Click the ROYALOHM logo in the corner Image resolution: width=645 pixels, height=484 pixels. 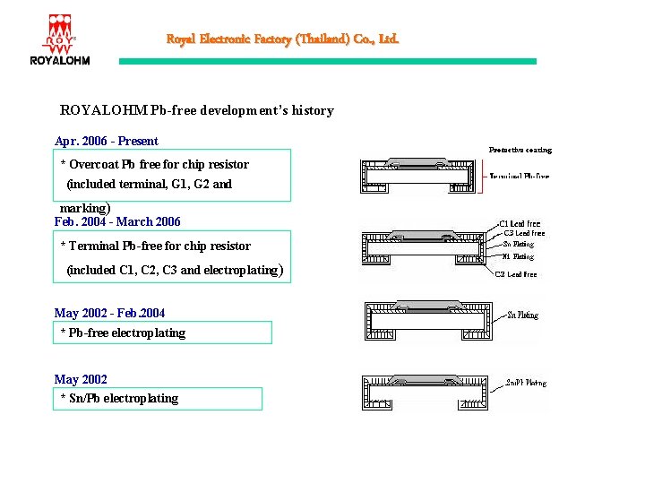[60, 39]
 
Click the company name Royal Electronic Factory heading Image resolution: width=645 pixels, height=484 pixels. [282, 39]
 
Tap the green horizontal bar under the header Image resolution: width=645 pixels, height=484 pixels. [328, 61]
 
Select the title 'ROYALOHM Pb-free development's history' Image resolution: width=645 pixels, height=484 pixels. [196, 111]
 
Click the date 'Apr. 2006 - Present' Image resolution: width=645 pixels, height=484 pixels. [106, 141]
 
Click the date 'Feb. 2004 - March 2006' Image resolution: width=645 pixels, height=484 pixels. [117, 221]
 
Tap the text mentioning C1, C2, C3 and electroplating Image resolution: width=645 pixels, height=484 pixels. [176, 270]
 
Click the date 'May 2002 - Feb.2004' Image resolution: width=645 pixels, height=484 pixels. [109, 313]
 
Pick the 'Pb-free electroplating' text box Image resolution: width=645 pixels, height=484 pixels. [162, 333]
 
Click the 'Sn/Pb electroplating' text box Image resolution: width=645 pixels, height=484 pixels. [158, 398]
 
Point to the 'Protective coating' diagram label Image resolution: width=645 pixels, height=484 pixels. [520, 150]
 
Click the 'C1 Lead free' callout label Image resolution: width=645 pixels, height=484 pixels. [520, 223]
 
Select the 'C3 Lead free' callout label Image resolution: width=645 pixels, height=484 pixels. [523, 233]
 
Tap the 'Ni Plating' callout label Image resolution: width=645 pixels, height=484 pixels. [518, 256]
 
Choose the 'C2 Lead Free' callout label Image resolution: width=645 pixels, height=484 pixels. [516, 274]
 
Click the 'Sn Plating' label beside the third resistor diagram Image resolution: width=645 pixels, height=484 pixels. [522, 315]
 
